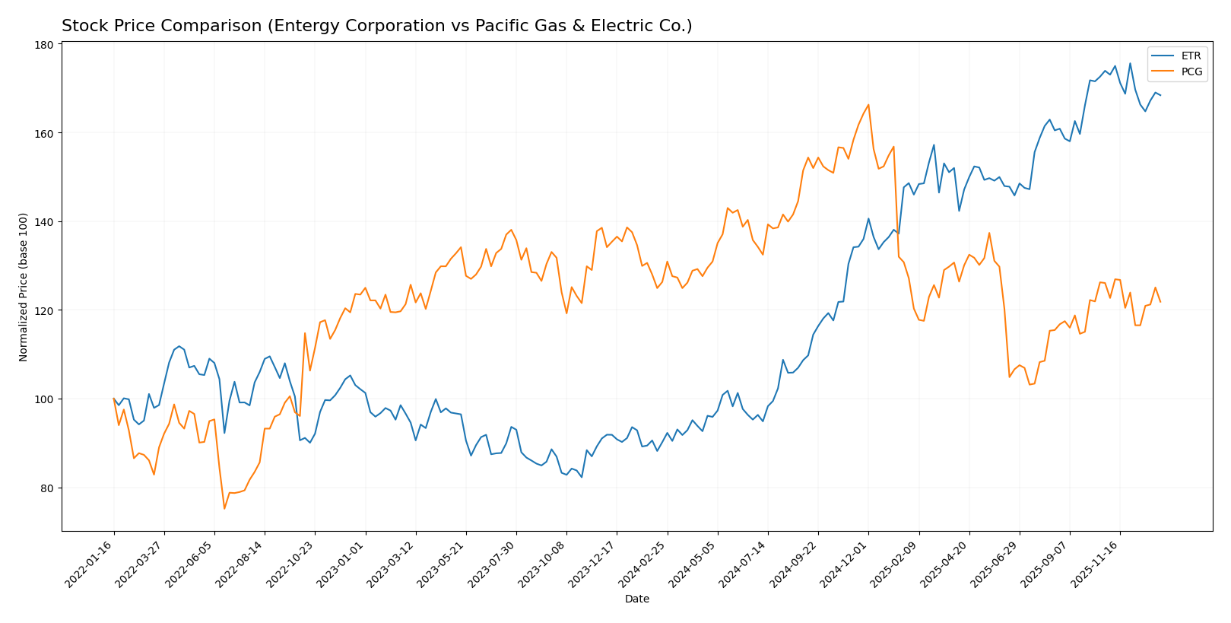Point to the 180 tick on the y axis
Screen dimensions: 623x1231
coord(43,45)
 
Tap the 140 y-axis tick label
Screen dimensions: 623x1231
coord(43,222)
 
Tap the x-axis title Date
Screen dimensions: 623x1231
coord(636,599)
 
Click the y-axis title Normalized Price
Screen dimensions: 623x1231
coord(24,287)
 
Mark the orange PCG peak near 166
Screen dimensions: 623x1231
coord(868,105)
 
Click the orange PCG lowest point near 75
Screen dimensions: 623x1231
coord(224,508)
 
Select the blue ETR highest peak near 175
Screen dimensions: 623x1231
coord(1130,63)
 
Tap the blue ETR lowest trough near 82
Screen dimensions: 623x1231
coord(582,476)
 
